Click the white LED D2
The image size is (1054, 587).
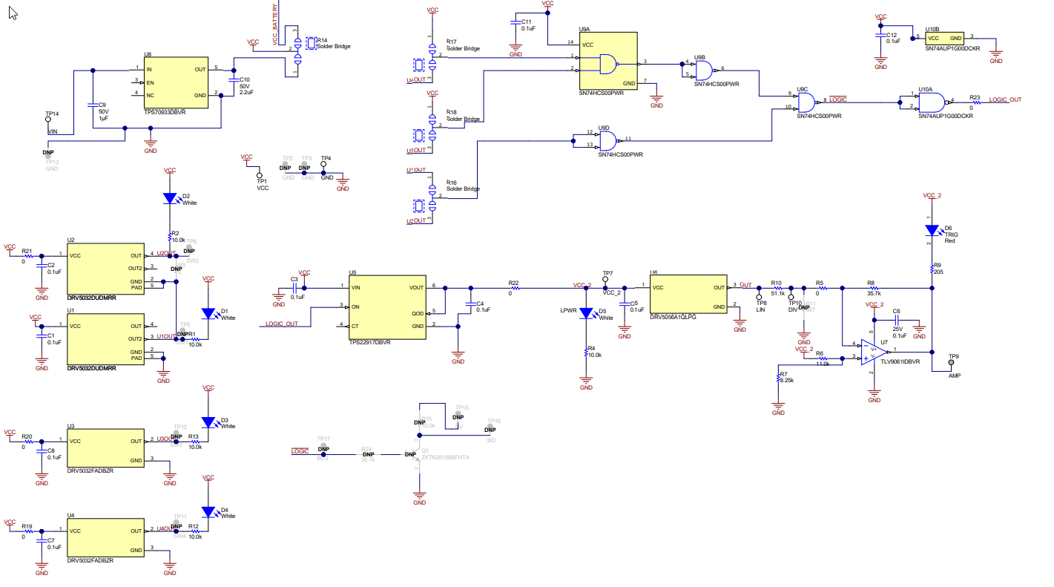click(x=170, y=199)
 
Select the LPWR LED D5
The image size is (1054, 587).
click(x=586, y=314)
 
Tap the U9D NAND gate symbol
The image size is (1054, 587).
click(x=608, y=139)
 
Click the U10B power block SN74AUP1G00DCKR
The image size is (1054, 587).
click(x=944, y=38)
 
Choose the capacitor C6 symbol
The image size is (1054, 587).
click(x=896, y=321)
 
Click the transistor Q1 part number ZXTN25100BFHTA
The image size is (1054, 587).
click(x=445, y=458)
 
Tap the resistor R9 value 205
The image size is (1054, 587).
click(x=938, y=272)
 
